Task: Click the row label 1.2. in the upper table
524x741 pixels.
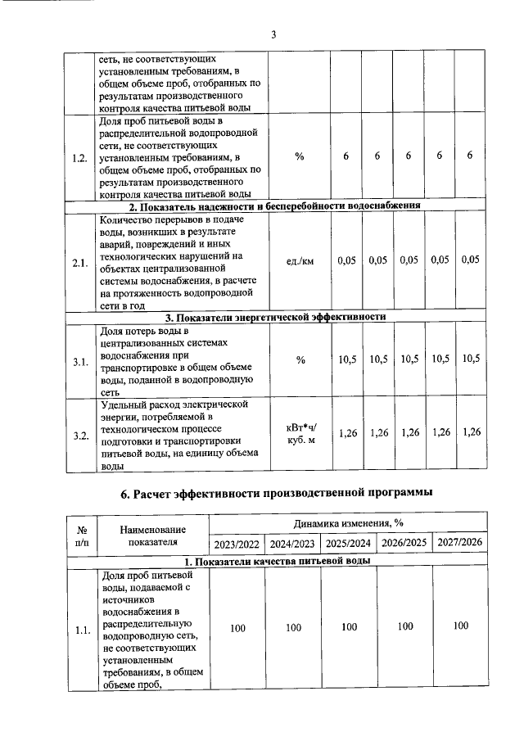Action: (x=79, y=158)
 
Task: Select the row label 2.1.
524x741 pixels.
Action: (x=79, y=263)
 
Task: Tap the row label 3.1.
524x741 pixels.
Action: (x=79, y=361)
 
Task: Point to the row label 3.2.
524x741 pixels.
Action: (x=79, y=435)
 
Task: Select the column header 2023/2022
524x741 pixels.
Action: (x=237, y=543)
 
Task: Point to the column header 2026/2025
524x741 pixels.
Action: (x=404, y=543)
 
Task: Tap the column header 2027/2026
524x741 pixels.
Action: (x=460, y=542)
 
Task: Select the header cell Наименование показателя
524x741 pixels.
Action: (x=152, y=534)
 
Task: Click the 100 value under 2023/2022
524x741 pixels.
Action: (x=237, y=627)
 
